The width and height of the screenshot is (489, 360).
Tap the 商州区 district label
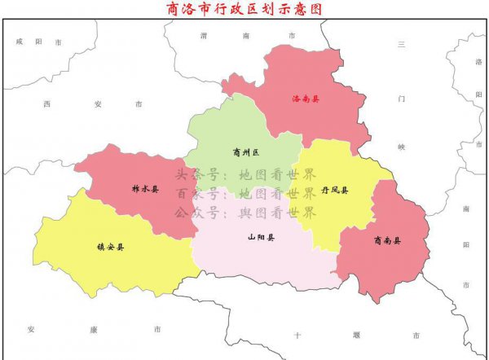pyautogui.click(x=244, y=152)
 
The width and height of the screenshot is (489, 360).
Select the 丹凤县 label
pyautogui.click(x=335, y=190)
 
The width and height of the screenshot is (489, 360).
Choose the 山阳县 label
pyautogui.click(x=261, y=239)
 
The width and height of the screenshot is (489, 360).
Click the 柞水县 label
pyautogui.click(x=145, y=189)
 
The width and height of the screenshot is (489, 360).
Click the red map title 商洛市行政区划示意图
pyautogui.click(x=244, y=9)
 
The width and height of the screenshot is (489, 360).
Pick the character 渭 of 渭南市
pyautogui.click(x=204, y=36)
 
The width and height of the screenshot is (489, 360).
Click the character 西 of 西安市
pyautogui.click(x=47, y=104)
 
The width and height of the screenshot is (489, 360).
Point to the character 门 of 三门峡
pyautogui.click(x=401, y=98)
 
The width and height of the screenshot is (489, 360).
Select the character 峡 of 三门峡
pyautogui.click(x=401, y=147)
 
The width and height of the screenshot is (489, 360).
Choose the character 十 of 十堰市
pyautogui.click(x=298, y=335)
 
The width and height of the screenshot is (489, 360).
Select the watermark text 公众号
pyautogui.click(x=196, y=213)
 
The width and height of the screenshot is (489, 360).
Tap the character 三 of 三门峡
pyautogui.click(x=401, y=45)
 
